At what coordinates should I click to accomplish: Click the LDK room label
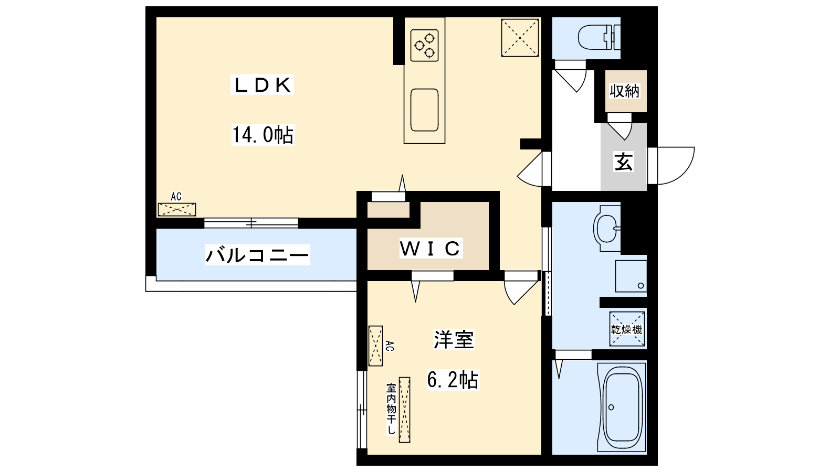262,85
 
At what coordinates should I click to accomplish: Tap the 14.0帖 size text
262,135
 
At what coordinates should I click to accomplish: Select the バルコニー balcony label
257,255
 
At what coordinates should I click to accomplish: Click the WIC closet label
430,248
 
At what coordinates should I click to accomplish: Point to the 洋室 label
454,339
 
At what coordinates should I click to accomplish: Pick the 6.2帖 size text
453,379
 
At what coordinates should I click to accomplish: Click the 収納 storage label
625,91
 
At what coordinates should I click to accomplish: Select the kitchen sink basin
424,110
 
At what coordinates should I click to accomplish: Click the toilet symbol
598,38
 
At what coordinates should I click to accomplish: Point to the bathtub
623,407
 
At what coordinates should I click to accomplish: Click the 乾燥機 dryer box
627,329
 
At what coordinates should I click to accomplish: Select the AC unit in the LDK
177,209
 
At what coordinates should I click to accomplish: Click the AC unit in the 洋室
375,346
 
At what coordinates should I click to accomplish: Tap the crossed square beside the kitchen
520,38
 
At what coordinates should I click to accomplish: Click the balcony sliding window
251,223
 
